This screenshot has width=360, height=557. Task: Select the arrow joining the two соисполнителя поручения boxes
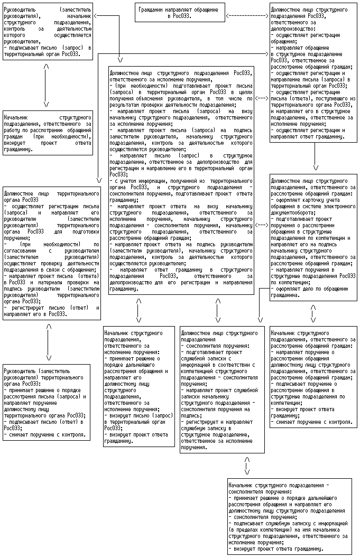click(x=247, y=466)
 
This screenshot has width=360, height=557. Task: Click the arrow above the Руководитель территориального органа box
click(x=48, y=342)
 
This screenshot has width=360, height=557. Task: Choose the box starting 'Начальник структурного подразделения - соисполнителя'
click(x=288, y=516)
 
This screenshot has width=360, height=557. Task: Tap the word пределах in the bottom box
click(x=245, y=527)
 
